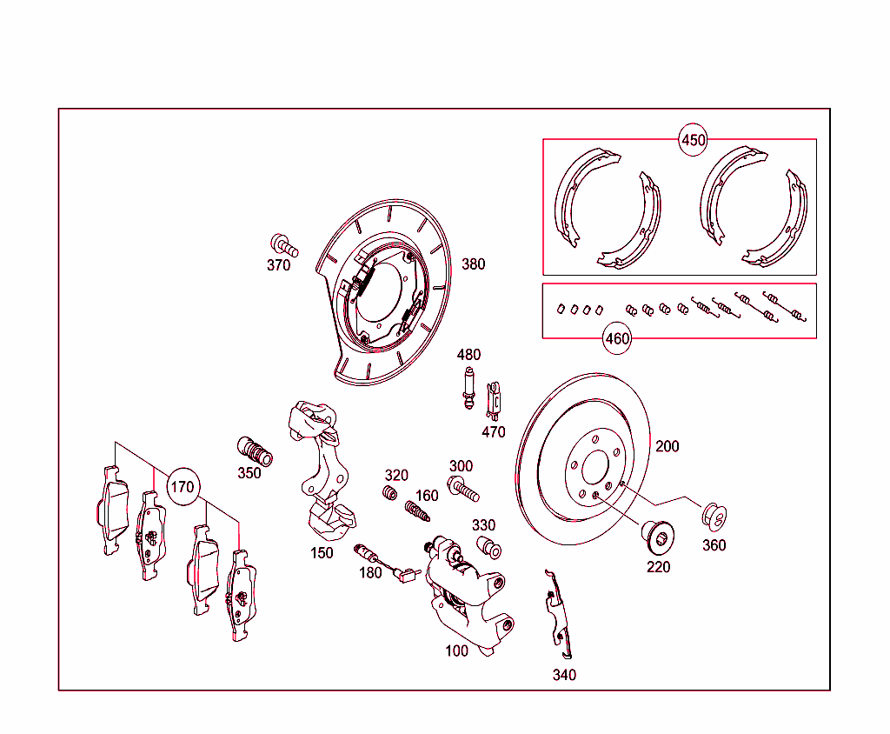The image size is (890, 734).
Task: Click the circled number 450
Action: (693, 140)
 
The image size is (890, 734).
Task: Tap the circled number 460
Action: (617, 338)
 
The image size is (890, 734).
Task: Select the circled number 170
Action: (182, 487)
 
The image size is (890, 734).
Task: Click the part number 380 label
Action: (474, 264)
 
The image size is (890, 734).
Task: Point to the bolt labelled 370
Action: (283, 244)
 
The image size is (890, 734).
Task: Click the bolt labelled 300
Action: (462, 489)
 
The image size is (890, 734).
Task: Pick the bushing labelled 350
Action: (255, 451)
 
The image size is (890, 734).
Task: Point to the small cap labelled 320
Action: (390, 494)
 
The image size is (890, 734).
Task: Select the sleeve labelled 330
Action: (490, 548)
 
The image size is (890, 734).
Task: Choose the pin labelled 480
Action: (468, 389)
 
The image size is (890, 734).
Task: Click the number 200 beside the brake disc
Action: (667, 447)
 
